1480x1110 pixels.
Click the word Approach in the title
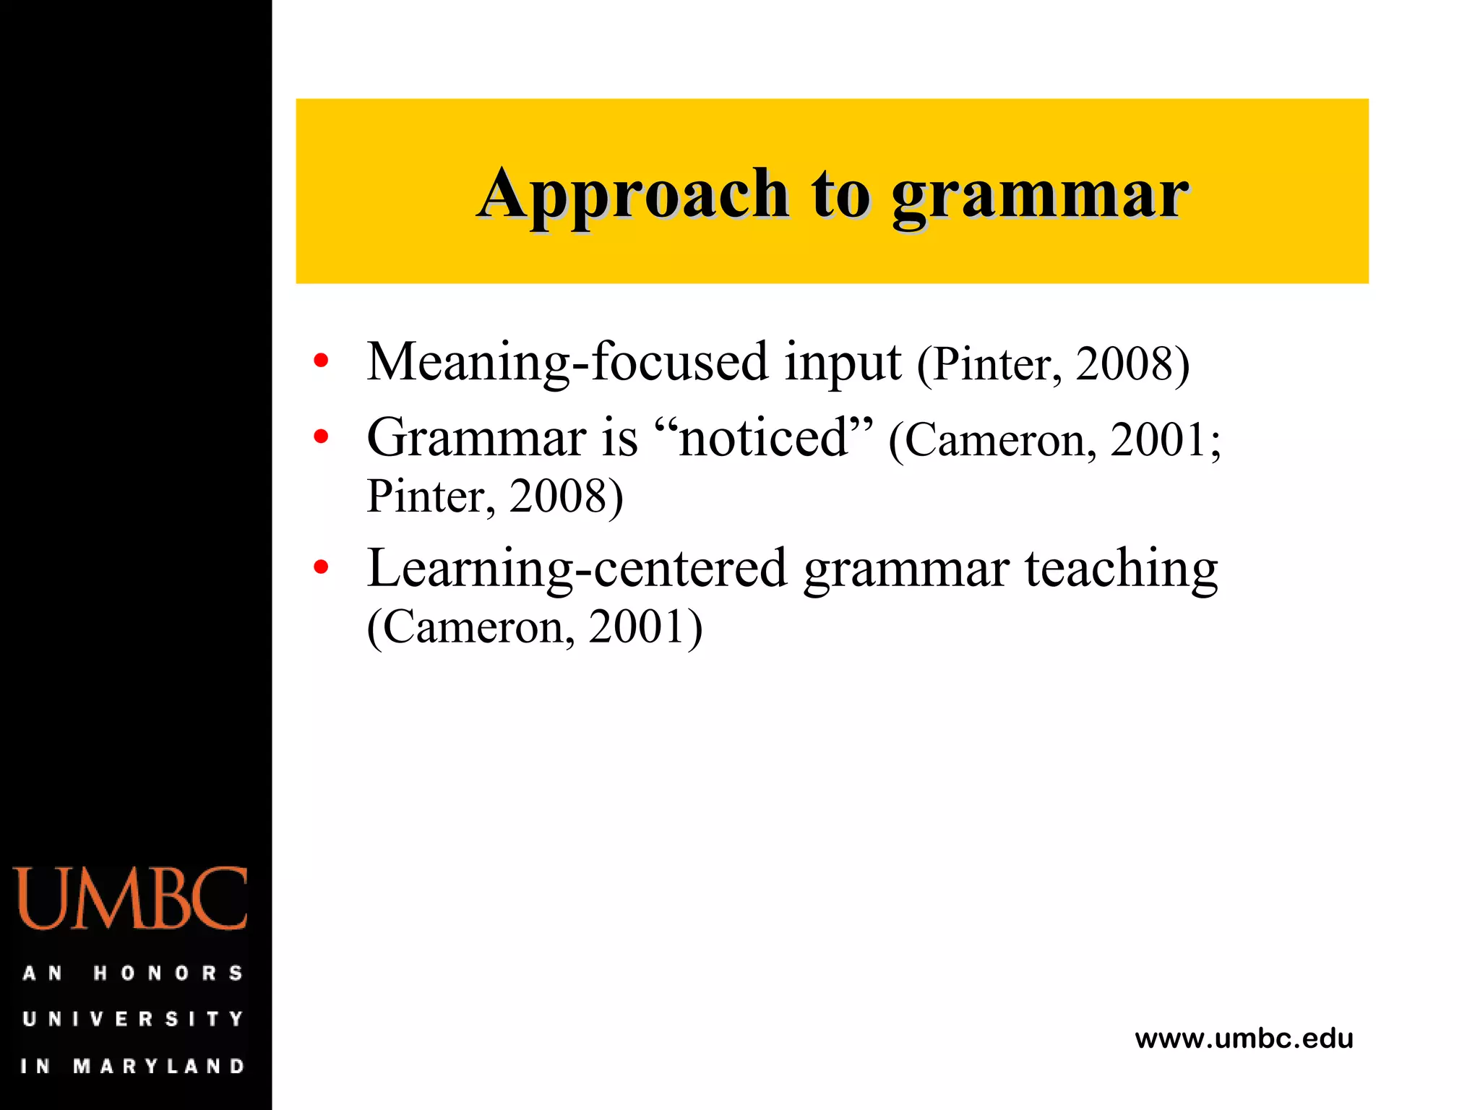[633, 195]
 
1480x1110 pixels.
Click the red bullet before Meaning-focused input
[322, 361]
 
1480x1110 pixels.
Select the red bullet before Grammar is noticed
[322, 436]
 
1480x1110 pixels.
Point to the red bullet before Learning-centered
[322, 567]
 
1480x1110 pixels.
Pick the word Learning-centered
[576, 569]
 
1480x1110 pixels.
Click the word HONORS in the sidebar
[168, 973]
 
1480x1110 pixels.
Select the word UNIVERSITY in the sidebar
[133, 1020]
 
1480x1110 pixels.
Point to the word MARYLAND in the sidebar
[160, 1066]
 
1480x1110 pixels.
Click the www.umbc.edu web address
[1244, 1039]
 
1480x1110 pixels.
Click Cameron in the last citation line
[473, 627]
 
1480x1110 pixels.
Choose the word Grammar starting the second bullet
[476, 438]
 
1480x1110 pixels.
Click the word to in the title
[840, 195]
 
